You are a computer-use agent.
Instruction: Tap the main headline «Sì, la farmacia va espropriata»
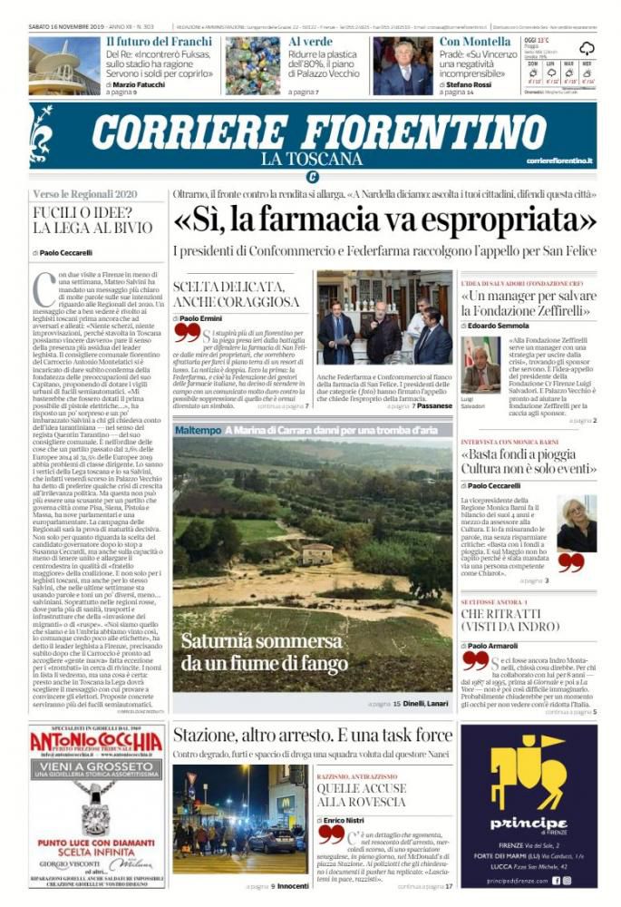384,220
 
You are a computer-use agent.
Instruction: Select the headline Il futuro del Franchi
159,42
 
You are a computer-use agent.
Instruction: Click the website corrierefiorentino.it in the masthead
559,161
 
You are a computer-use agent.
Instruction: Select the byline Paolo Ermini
202,319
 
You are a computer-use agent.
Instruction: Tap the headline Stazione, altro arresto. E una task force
312,735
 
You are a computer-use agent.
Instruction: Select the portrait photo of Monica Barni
576,523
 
